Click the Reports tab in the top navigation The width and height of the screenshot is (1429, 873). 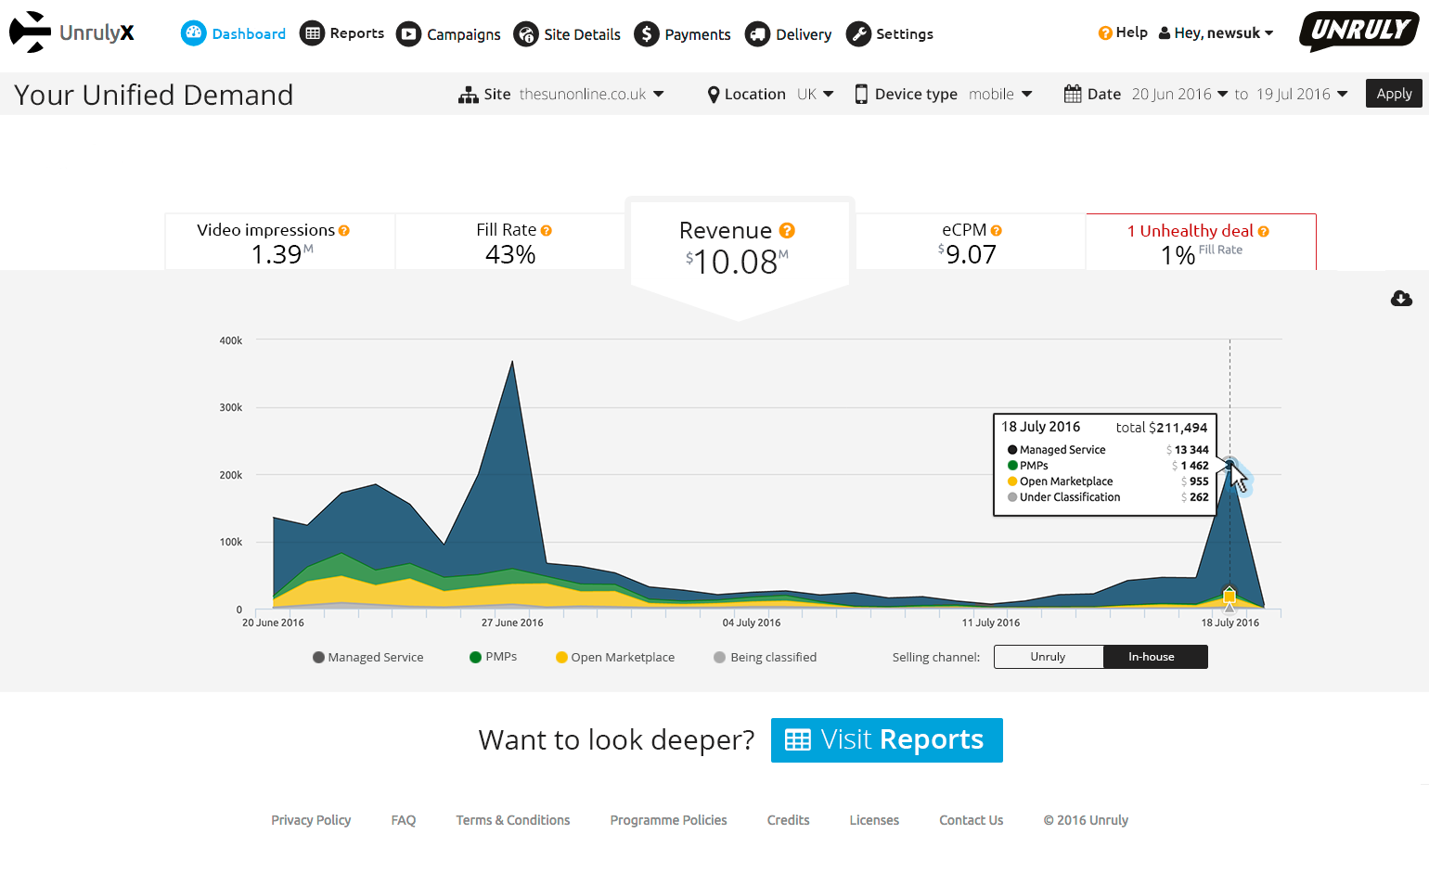tap(341, 33)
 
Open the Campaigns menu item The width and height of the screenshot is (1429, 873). tap(448, 34)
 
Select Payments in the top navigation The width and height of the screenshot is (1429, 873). tap(682, 34)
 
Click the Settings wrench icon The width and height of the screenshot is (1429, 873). tap(858, 34)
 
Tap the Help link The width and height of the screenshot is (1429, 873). tap(1123, 32)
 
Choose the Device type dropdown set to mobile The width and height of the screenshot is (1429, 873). tap(999, 95)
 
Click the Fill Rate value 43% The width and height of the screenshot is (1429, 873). tap(510, 254)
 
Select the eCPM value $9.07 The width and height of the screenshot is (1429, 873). tap(970, 254)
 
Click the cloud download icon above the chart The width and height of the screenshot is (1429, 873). tap(1401, 298)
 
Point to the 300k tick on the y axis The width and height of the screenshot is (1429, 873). tap(231, 407)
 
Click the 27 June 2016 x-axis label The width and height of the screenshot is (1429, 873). tap(512, 623)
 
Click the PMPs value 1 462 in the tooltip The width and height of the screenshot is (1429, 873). tap(1194, 466)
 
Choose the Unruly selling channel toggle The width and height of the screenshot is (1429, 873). tap(1049, 657)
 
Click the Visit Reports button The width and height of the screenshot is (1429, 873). tap(886, 740)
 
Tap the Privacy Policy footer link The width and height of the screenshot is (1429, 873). tap(311, 820)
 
